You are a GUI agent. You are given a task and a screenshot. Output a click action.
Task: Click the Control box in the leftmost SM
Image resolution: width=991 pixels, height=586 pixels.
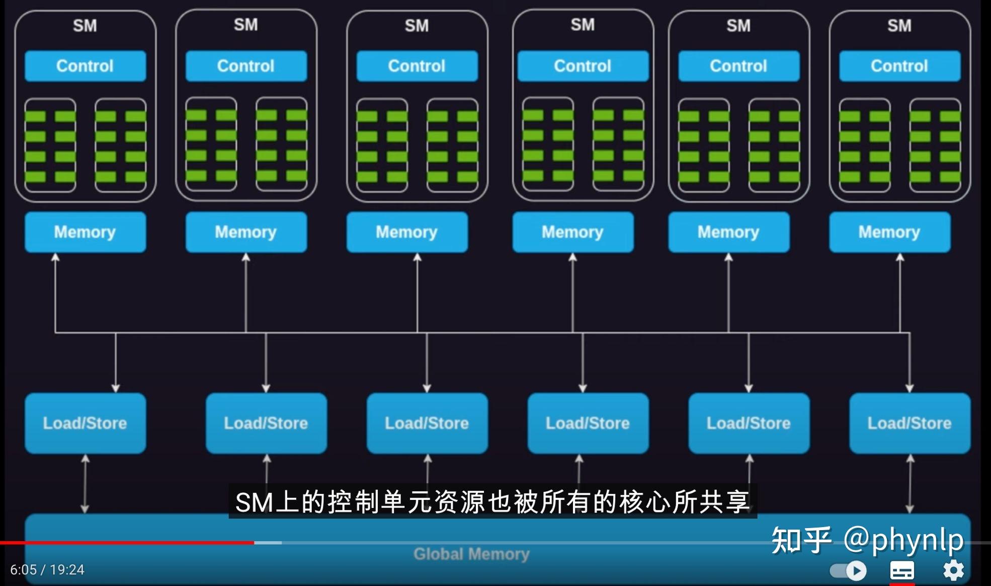[86, 66]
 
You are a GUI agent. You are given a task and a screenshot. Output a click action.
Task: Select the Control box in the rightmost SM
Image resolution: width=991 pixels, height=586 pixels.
[900, 66]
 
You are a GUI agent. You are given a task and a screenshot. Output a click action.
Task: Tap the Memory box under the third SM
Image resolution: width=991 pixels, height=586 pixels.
[407, 232]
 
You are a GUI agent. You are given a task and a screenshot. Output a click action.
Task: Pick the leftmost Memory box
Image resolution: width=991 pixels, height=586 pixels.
[86, 232]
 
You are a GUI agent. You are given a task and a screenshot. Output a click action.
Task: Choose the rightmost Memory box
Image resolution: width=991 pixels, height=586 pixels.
[890, 232]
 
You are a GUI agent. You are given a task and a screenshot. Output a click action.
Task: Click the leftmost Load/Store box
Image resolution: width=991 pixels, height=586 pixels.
[86, 423]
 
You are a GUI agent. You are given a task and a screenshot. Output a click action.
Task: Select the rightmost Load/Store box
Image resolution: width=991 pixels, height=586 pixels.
[910, 423]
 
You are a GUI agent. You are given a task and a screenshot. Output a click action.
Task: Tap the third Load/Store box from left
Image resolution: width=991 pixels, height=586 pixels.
[427, 423]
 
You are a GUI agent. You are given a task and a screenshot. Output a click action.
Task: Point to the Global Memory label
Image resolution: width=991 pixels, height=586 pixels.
[471, 554]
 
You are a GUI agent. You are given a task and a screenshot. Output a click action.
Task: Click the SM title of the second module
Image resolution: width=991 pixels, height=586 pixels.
[246, 25]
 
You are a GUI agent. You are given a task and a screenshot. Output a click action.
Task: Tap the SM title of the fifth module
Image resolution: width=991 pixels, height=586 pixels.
[738, 26]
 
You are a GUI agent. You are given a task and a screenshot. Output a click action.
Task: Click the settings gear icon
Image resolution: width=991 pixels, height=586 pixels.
[953, 570]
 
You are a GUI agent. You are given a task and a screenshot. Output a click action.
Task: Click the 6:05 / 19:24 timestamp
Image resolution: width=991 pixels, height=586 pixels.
[47, 570]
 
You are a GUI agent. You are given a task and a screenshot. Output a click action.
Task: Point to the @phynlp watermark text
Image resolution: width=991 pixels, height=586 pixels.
[903, 540]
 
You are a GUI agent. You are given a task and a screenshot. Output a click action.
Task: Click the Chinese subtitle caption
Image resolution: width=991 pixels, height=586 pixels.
[493, 502]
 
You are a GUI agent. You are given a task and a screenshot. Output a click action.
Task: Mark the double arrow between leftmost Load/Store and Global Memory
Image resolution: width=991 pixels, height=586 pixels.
[85, 484]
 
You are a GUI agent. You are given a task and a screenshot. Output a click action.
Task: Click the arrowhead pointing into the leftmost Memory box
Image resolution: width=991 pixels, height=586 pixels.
[55, 257]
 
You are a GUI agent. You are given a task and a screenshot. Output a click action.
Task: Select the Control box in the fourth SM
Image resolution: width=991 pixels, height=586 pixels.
[583, 66]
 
